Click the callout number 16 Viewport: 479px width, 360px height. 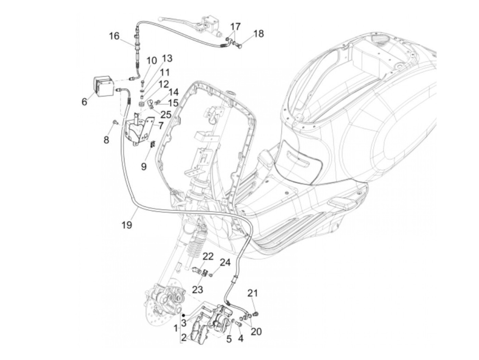click(114, 36)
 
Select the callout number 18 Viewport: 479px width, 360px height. click(259, 34)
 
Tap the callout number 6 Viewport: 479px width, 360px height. click(84, 102)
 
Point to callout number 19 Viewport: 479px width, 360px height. click(127, 224)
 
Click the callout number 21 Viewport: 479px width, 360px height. click(253, 293)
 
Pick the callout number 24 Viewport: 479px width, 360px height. click(225, 262)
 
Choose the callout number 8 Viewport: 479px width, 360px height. click(106, 140)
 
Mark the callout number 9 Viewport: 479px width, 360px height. click(144, 166)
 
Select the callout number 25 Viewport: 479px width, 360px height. click(166, 114)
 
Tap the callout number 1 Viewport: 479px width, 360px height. click(176, 329)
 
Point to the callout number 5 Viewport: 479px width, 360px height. click(229, 339)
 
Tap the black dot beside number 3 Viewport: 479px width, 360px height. click(184, 314)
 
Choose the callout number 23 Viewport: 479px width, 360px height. click(197, 290)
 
